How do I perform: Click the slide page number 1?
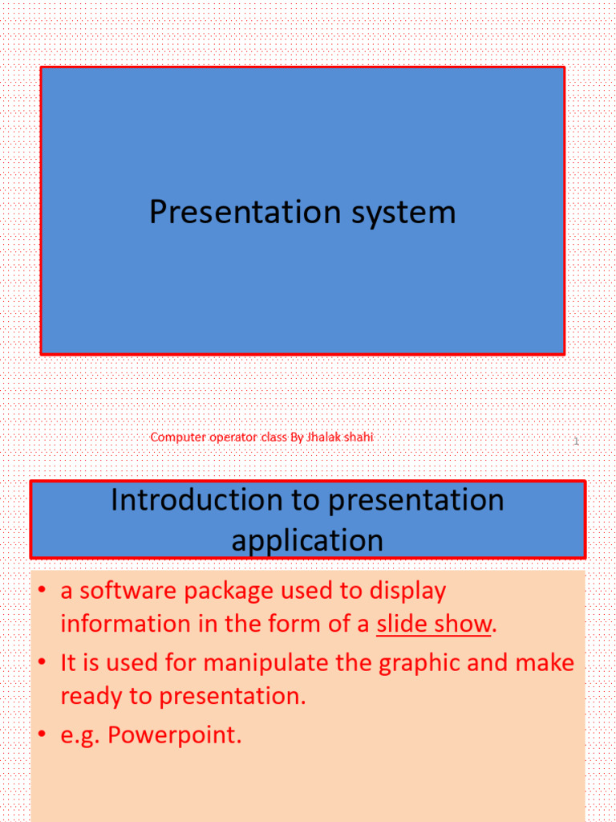pyautogui.click(x=576, y=442)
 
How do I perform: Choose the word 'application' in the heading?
pyautogui.click(x=307, y=539)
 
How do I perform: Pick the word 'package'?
pyautogui.click(x=235, y=592)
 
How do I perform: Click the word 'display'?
pyautogui.click(x=407, y=592)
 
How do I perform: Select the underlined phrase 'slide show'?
pyautogui.click(x=433, y=624)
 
